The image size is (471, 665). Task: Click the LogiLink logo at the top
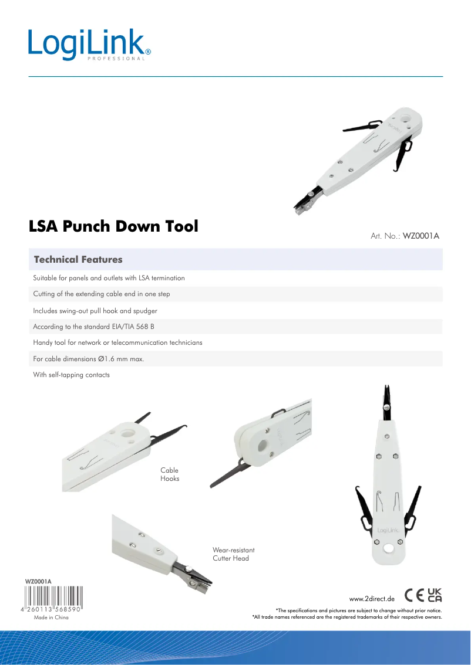click(89, 45)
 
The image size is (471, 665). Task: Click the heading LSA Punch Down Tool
click(113, 226)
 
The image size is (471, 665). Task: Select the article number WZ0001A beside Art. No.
click(421, 236)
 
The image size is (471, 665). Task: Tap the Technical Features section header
click(78, 260)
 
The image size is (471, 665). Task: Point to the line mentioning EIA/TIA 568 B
click(93, 327)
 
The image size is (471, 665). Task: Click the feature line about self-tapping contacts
click(71, 375)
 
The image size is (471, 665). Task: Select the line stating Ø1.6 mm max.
click(88, 359)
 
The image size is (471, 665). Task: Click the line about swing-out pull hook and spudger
click(95, 311)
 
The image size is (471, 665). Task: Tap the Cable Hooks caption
click(170, 474)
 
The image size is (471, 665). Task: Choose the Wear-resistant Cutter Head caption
click(234, 554)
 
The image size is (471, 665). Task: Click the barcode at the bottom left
click(53, 598)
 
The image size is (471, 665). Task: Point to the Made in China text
click(51, 617)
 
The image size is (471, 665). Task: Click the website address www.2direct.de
click(372, 599)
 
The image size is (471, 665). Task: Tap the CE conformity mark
click(414, 595)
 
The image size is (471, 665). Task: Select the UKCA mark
click(435, 595)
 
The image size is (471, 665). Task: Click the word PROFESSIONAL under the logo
click(116, 59)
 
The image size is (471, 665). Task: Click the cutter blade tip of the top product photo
click(297, 211)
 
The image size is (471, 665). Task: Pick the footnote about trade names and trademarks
click(347, 617)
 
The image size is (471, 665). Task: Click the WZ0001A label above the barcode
click(38, 582)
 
